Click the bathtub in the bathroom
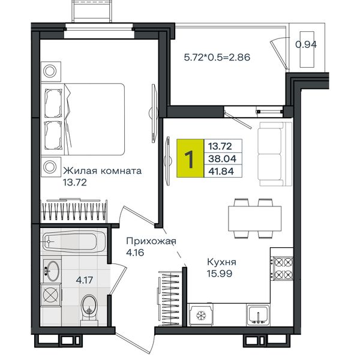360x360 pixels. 74,241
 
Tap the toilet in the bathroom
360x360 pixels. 89,310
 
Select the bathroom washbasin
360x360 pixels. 52,271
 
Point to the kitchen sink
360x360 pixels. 258,315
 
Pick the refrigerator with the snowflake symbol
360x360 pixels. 200,315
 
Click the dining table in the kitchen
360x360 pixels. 254,218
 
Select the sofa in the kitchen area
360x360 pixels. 275,154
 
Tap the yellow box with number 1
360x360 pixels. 190,158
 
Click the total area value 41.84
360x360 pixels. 221,171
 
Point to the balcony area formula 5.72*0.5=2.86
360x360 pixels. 217,57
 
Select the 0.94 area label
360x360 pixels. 306,44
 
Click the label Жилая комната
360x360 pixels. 103,171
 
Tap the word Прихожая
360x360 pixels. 151,242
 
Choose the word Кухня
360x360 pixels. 221,262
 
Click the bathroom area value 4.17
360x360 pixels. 84,280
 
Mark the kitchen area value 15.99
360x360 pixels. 220,274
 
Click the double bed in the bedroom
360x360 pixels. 83,119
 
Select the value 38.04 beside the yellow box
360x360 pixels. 222,158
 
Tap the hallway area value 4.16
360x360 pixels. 135,253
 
